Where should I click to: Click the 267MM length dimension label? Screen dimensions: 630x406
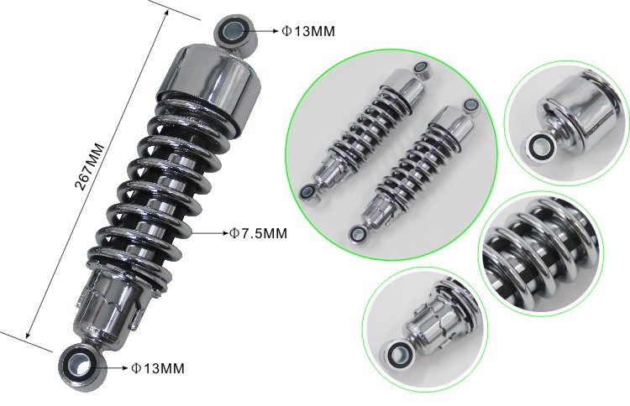tap(90, 166)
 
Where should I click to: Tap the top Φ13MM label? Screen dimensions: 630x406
tap(308, 31)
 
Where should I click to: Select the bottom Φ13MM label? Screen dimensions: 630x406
tap(158, 368)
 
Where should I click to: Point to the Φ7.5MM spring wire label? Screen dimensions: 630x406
tap(259, 232)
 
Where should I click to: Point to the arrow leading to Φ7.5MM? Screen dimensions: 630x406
tap(210, 232)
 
